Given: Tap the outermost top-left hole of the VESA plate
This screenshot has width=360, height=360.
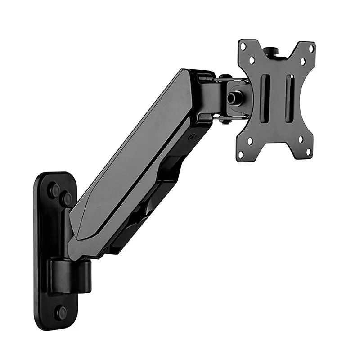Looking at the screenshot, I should pyautogui.click(x=243, y=46).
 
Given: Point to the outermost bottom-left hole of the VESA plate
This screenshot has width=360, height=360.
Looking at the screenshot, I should pyautogui.click(x=241, y=154).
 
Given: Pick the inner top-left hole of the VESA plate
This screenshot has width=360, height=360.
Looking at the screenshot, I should pyautogui.click(x=252, y=60).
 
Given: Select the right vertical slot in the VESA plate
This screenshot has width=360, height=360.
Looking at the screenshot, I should pyautogui.click(x=290, y=99).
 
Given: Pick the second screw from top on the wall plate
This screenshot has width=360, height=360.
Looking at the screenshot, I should pyautogui.click(x=67, y=198).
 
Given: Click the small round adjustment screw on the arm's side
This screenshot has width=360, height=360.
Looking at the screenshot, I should pyautogui.click(x=192, y=138).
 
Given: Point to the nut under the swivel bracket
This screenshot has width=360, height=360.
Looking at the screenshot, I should pyautogui.click(x=225, y=121).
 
